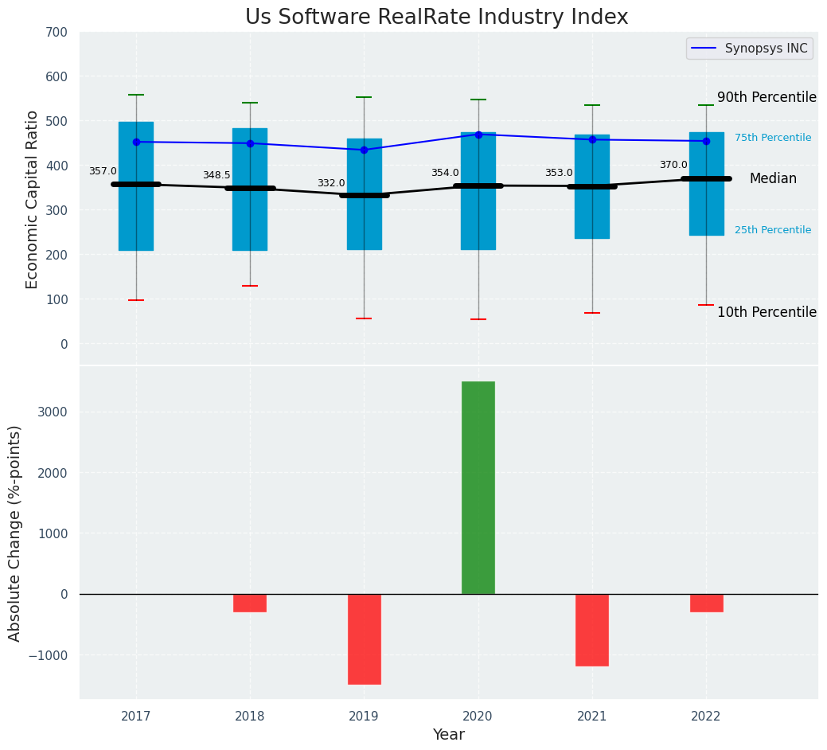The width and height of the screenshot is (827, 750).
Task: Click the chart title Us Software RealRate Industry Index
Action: coord(436,18)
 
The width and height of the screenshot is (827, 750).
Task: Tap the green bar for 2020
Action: coord(478,487)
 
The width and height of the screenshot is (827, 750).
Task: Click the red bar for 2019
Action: coord(364,639)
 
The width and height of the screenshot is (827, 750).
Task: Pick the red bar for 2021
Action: coord(592,630)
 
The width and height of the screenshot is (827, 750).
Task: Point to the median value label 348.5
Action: coord(217,175)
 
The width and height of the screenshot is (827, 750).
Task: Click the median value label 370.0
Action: coord(673,165)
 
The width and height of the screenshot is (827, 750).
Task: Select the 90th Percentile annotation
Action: coord(767,97)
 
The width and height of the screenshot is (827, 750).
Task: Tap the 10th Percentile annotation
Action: coord(767,312)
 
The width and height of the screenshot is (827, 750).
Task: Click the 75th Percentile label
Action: coord(773,138)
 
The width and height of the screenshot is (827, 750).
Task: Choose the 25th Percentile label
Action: coord(773,230)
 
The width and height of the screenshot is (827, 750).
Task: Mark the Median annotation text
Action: coord(773,179)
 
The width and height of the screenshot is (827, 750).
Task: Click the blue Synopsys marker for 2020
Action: coord(478,135)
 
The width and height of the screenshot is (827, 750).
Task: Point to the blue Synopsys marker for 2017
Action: coord(136,142)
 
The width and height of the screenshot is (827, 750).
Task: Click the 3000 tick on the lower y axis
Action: coord(56,412)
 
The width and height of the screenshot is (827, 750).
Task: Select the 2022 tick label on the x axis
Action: coord(706,717)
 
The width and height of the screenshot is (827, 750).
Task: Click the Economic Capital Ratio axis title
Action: coord(33,199)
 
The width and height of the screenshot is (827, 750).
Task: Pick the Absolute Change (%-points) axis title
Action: coord(15,533)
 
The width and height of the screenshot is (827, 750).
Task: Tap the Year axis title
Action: coord(449,735)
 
